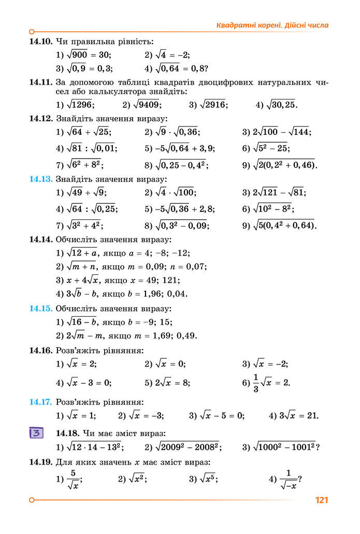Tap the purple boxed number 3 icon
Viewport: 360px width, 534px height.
click(x=36, y=433)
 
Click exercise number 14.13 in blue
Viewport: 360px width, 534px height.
click(x=41, y=179)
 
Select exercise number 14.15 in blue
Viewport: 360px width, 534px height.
click(x=41, y=308)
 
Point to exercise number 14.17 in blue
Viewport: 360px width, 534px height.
click(x=41, y=402)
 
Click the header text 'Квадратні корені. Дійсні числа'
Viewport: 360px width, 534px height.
click(x=272, y=25)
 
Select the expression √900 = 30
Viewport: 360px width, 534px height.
click(x=89, y=54)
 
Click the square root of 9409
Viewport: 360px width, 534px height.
click(x=146, y=105)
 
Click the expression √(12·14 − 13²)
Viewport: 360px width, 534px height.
click(x=95, y=446)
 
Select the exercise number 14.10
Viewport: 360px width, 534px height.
click(x=41, y=41)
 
